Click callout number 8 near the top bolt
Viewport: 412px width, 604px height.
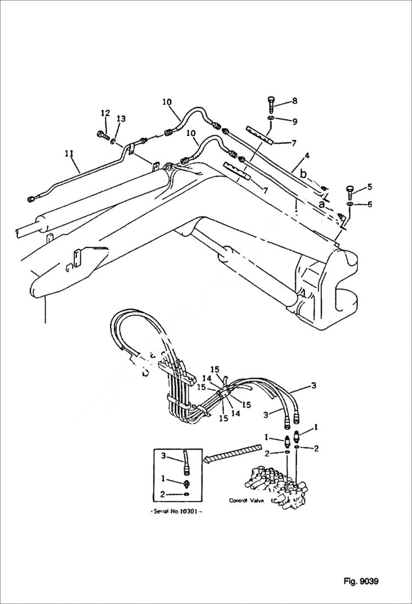[x=294, y=101]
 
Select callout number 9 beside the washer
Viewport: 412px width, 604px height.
[x=294, y=121]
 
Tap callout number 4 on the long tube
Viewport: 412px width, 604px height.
[x=307, y=156]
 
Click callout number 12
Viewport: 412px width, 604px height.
[x=105, y=113]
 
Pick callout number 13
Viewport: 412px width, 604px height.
[x=121, y=119]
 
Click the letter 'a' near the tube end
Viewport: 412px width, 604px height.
[x=322, y=203]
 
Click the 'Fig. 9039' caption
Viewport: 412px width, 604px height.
[x=360, y=581]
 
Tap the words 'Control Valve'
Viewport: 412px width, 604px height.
[x=247, y=500]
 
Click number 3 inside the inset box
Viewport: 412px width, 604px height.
[x=163, y=455]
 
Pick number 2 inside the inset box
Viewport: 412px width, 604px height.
[x=163, y=494]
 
